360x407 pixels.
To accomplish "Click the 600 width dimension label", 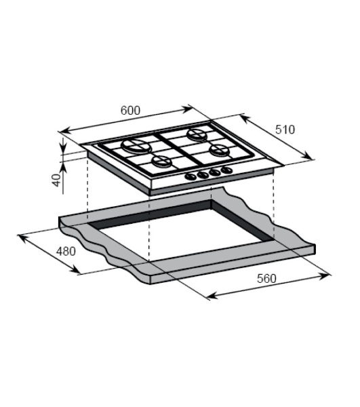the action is pos(130,111).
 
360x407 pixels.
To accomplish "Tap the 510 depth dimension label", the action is pos(285,130).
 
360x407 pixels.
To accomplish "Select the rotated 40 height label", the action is pos(56,180).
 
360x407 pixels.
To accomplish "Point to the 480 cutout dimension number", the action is pos(66,251).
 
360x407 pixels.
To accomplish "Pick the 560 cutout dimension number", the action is pos(266,279).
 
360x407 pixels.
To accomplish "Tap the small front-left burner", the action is pos(162,161).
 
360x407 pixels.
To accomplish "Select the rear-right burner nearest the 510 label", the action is pos(198,135).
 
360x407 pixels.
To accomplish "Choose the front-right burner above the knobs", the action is pos(220,151).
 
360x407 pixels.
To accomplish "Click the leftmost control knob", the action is pos(191,177).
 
